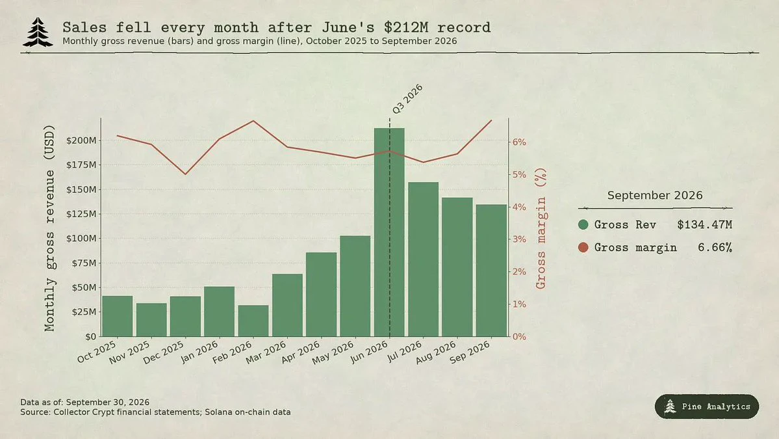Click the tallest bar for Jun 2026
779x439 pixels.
coord(389,232)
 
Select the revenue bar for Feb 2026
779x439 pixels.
coord(253,321)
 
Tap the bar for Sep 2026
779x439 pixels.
coord(491,271)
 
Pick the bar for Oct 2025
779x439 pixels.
coord(117,316)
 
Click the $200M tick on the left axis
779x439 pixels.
coord(81,140)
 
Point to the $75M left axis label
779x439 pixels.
coord(84,263)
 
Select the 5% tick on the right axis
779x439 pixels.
coord(519,174)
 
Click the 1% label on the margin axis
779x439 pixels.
coord(519,304)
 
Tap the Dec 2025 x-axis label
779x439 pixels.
coord(164,353)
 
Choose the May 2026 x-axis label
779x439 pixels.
coord(333,353)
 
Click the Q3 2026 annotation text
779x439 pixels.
coord(407,99)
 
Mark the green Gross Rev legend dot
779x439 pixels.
coord(583,225)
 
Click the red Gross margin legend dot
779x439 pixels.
coord(583,247)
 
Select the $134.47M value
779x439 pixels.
coord(704,225)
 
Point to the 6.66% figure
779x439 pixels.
coord(715,247)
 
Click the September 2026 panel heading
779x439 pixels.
coord(655,195)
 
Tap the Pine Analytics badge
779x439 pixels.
coord(706,406)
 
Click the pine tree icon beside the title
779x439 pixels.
coord(38,33)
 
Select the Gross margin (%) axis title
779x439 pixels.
coord(541,228)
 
